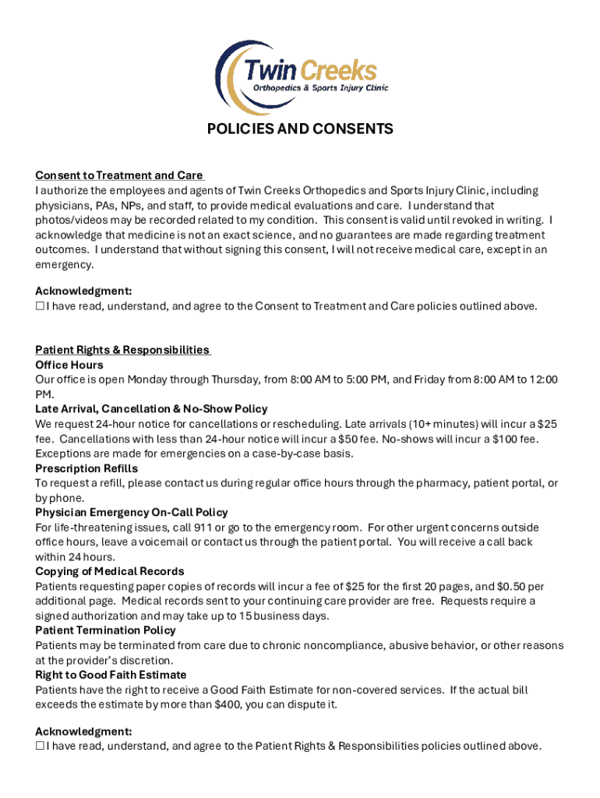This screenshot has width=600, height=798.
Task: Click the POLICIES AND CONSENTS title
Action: coord(300,129)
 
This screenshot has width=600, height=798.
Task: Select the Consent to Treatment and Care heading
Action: coord(118,175)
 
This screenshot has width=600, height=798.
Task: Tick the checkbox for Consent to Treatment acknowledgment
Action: coord(40,306)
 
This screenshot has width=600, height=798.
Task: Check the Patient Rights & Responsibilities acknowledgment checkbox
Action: coord(40,747)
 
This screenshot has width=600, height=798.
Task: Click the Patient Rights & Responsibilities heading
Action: coord(122,350)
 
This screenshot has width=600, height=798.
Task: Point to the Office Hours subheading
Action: coord(69,365)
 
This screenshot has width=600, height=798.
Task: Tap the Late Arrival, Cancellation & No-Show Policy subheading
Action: coord(151,409)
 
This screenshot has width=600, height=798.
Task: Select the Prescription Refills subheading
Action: coord(86,468)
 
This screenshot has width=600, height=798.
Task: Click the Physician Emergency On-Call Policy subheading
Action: coord(132,513)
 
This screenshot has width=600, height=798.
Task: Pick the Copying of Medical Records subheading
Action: coord(110,571)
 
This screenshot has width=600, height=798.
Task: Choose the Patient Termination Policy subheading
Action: coord(105,630)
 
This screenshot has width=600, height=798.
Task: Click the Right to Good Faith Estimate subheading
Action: coord(111,675)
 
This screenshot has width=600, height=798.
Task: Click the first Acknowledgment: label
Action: coord(83,291)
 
